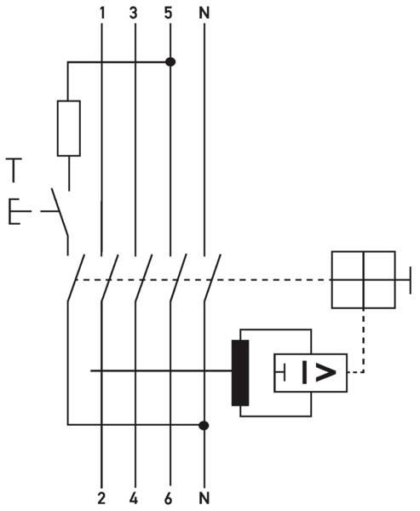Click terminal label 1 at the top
click(x=102, y=13)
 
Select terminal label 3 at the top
click(x=134, y=13)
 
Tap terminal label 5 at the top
click(x=169, y=13)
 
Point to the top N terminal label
click(x=204, y=13)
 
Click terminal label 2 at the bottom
click(x=101, y=498)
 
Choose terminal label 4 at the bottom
click(x=134, y=498)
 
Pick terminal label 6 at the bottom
click(x=169, y=498)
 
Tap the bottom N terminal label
click(x=204, y=498)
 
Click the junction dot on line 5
click(x=170, y=61)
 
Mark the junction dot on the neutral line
click(x=204, y=425)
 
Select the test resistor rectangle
click(x=69, y=129)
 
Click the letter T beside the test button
click(x=14, y=169)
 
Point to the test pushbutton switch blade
click(x=60, y=212)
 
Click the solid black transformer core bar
click(x=240, y=373)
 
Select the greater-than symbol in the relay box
click(x=325, y=372)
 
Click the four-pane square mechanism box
click(x=364, y=279)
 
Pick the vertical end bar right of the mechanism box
click(x=411, y=279)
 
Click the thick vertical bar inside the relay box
click(x=305, y=372)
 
